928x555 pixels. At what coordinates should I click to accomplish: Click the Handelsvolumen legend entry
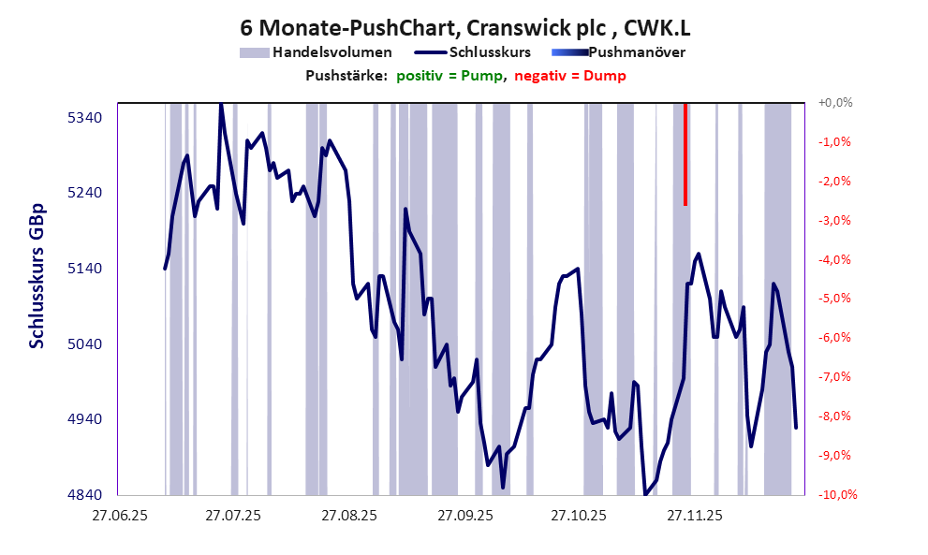tap(331, 52)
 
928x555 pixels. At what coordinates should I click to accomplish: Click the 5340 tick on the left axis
tap(83, 118)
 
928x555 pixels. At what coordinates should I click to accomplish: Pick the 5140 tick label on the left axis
tap(83, 269)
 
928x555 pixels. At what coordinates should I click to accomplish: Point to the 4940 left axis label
tap(83, 419)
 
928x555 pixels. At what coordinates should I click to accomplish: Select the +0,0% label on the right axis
tap(835, 103)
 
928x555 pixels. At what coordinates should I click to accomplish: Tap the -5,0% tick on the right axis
tap(835, 299)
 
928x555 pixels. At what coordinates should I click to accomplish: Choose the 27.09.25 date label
tap(464, 516)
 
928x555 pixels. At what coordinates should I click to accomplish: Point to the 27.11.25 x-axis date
tap(694, 516)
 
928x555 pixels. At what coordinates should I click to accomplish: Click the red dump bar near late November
tap(685, 154)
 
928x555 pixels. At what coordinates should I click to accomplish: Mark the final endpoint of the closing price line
tap(796, 428)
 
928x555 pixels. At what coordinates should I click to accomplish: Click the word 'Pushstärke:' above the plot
tap(346, 76)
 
